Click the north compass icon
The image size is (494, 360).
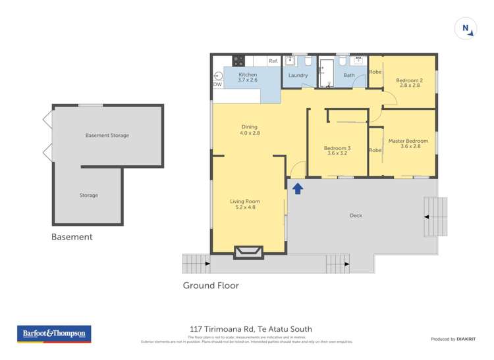click(466, 28)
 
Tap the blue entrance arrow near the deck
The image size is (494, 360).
click(297, 189)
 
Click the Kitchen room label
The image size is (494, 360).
click(248, 75)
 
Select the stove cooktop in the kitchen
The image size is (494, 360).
click(239, 61)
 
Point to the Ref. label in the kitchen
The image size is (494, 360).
click(273, 61)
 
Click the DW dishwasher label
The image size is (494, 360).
click(217, 85)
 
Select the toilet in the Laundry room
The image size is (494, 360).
click(308, 61)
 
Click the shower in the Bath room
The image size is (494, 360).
click(327, 72)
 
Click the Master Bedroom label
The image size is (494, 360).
click(408, 141)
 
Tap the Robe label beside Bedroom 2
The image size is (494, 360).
click(375, 72)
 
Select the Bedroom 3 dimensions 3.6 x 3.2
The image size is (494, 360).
click(337, 153)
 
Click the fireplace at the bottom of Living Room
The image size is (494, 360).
click(248, 251)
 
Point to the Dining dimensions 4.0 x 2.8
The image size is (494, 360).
click(249, 133)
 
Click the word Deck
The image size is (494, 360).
click(356, 215)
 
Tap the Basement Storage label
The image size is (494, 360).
click(107, 136)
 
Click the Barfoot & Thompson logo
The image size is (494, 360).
click(55, 334)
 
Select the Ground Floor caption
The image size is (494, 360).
click(211, 286)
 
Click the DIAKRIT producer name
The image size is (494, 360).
click(467, 339)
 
